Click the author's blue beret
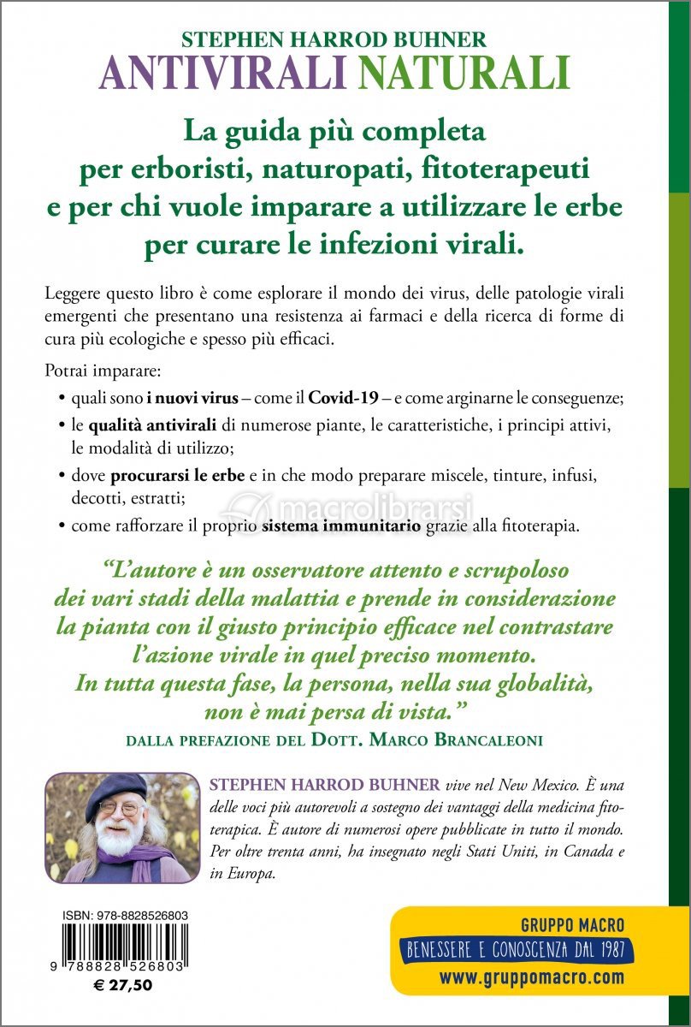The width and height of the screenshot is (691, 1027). (120, 787)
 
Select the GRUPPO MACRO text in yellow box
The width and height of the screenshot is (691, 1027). (572, 925)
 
